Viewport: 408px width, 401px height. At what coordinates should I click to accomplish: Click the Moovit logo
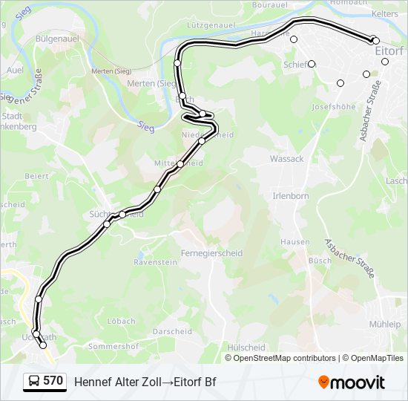tap(352, 382)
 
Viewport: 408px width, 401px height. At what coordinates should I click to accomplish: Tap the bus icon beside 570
tap(33, 382)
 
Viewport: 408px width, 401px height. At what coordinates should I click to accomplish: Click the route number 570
tap(53, 381)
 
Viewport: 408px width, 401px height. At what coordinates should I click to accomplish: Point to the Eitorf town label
tap(389, 50)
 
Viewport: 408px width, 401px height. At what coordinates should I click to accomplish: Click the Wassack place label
tap(286, 159)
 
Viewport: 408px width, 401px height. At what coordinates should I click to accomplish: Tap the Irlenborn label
tap(290, 196)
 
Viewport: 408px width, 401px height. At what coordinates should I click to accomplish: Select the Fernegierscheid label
tap(213, 253)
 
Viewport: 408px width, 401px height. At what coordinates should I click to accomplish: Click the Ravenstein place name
tap(156, 262)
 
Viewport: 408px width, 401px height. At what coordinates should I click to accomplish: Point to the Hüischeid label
tap(246, 347)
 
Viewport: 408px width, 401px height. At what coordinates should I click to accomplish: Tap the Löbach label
tap(121, 322)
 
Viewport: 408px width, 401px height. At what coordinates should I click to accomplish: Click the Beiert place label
tap(36, 176)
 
